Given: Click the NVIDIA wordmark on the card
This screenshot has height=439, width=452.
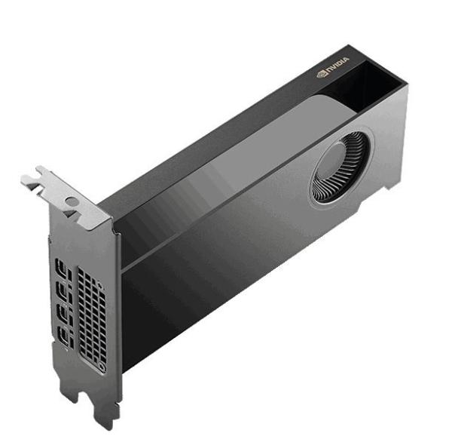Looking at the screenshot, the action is click(x=337, y=64).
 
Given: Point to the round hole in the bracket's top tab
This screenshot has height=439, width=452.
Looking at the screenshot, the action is click(x=72, y=201).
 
